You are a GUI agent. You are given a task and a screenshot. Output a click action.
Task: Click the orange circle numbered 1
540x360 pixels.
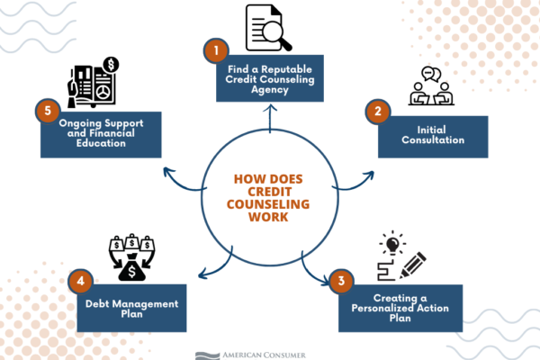tap(216, 50)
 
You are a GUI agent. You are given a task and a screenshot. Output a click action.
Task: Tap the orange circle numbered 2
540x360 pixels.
tap(378, 112)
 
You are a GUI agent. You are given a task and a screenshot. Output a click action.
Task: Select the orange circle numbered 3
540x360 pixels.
tap(341, 281)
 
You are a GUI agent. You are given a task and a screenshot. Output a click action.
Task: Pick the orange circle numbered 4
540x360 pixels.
tap(81, 281)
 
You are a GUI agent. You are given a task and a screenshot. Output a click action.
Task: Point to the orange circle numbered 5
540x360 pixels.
tap(48, 111)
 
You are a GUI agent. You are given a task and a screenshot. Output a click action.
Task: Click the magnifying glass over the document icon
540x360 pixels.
tap(276, 35)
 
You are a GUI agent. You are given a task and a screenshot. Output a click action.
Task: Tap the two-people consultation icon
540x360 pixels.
tap(431, 85)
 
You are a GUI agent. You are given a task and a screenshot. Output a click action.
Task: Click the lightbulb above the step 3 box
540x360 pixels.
tap(392, 244)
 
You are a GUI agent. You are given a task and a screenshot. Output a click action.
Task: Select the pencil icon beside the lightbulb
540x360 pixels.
tap(413, 265)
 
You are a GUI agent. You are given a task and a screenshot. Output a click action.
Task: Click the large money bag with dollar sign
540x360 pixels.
tap(132, 268)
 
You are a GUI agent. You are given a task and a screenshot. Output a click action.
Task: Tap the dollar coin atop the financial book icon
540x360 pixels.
tap(111, 65)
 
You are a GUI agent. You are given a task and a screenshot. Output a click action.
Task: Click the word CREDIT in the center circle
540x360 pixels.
tap(270, 192)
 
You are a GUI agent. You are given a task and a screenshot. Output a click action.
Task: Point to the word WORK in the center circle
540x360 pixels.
tap(268, 217)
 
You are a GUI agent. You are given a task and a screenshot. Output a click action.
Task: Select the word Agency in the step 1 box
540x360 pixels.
tap(270, 90)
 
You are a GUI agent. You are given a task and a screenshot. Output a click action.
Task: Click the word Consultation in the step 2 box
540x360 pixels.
tap(433, 139)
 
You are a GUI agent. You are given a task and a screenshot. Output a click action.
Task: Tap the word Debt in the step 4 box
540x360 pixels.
tap(97, 304)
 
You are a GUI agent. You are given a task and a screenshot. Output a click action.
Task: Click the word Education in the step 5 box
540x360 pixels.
tap(101, 143)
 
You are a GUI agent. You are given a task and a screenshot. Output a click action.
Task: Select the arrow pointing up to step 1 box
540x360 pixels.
tap(270, 119)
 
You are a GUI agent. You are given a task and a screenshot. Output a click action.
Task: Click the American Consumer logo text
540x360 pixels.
tap(264, 355)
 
